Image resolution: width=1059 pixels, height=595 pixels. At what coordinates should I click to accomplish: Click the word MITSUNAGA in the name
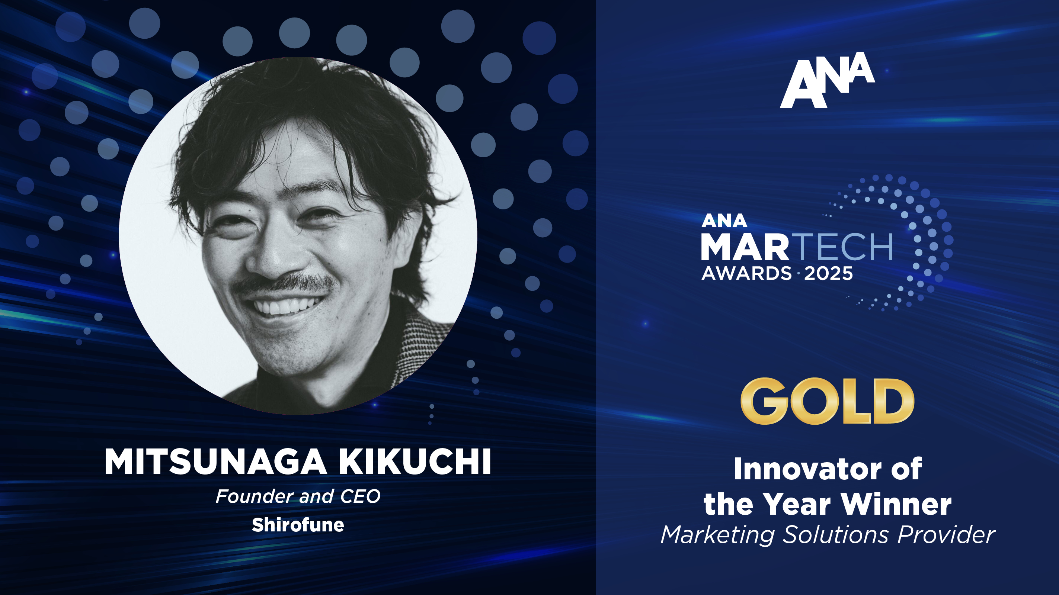pyautogui.click(x=215, y=462)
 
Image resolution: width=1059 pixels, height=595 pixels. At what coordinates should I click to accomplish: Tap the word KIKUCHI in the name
pyautogui.click(x=415, y=462)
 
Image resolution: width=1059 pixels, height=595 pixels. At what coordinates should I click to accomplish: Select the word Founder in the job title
pyautogui.click(x=255, y=496)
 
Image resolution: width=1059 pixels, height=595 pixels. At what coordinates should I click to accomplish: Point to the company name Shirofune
pyautogui.click(x=298, y=525)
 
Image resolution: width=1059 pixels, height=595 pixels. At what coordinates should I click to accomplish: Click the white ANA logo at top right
pyautogui.click(x=827, y=80)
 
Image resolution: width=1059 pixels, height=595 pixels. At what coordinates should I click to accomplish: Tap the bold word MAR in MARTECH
pyautogui.click(x=745, y=247)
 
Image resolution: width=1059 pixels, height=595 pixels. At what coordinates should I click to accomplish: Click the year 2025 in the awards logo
pyautogui.click(x=828, y=274)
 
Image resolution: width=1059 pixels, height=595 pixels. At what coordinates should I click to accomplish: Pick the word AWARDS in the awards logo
pyautogui.click(x=746, y=274)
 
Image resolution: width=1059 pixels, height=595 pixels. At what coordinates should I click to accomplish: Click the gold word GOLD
pyautogui.click(x=827, y=401)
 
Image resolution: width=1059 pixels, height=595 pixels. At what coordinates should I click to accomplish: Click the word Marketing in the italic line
pyautogui.click(x=717, y=535)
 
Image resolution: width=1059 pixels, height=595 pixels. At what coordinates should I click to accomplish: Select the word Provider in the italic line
pyautogui.click(x=946, y=535)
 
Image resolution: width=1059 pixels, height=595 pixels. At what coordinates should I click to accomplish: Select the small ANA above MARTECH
pyautogui.click(x=724, y=221)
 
